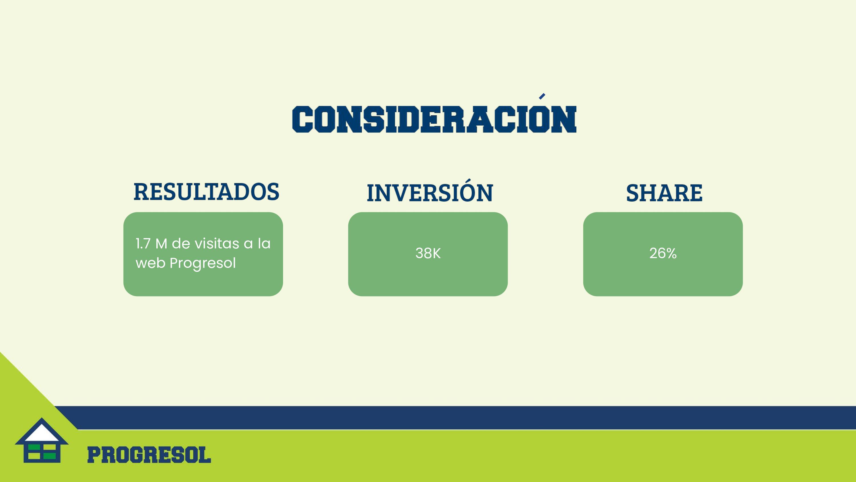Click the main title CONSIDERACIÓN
coord(434,119)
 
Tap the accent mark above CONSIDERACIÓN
coord(542,96)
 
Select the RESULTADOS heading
coord(206,192)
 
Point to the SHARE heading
coord(664,193)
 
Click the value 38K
coord(428,254)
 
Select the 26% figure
coord(663,254)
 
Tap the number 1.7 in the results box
coord(143,244)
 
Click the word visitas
coord(217,244)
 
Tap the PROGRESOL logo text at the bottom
coord(149,455)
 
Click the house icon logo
coord(42,440)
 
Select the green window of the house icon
coord(42,452)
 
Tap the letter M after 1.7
coord(161,244)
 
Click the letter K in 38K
coord(437,254)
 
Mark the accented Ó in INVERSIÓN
coord(470,191)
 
